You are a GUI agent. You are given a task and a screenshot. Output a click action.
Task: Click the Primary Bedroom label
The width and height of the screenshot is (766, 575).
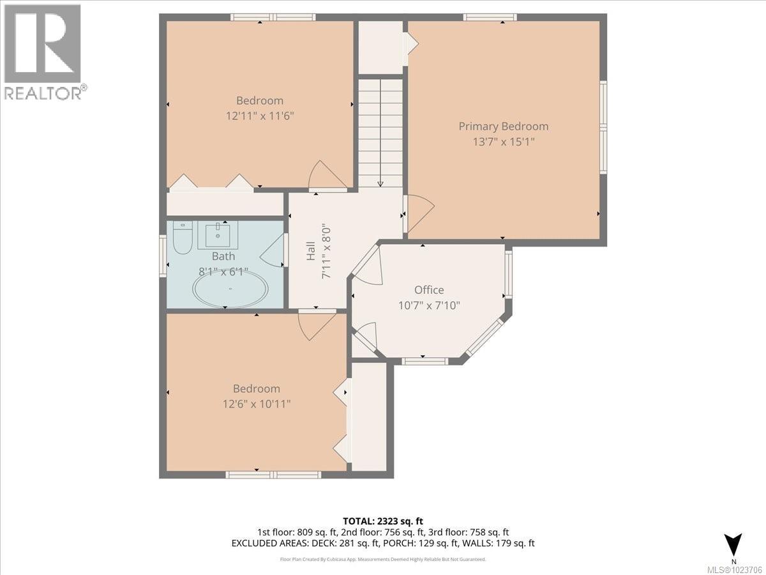(503, 126)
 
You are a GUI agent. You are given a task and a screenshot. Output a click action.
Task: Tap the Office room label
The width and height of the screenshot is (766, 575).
(428, 290)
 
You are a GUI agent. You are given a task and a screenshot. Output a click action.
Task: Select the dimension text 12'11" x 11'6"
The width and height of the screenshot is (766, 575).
(259, 116)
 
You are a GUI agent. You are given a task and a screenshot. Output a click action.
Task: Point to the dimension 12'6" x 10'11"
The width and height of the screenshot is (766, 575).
(256, 404)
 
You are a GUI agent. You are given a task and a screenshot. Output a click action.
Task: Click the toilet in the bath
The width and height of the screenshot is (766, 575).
(183, 235)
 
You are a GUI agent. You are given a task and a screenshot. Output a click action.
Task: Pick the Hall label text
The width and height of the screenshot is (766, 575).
(310, 251)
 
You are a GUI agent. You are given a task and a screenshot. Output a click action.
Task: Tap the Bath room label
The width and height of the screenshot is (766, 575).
(223, 256)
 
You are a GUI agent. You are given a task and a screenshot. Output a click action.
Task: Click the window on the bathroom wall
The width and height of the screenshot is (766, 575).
(162, 256)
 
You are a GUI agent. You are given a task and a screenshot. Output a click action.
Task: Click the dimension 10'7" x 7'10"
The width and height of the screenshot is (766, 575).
(428, 305)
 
